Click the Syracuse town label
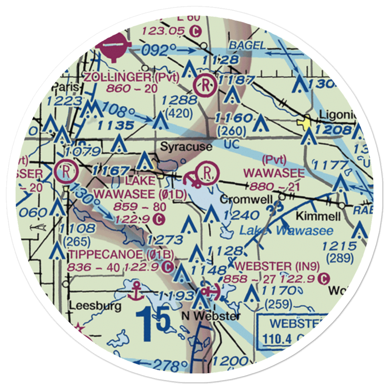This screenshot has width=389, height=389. pos(186,147)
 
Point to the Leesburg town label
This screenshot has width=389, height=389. pos(95,306)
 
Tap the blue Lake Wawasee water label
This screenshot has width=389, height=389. pos(286,231)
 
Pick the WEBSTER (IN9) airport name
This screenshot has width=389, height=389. pos(278,266)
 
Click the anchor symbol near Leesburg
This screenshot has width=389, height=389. pos(136,290)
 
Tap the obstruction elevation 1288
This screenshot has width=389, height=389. pos(180,100)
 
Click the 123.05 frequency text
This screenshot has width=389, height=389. pos(163,30)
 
